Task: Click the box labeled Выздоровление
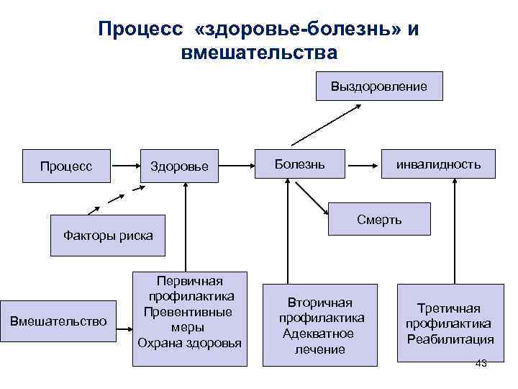coord(379,86)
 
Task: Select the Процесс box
coord(66,166)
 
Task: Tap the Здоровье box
coord(179,166)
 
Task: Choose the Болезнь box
coord(300,164)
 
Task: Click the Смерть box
coord(379,219)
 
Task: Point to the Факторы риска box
coord(108,236)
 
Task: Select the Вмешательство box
coord(58,321)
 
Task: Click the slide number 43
coord(481,363)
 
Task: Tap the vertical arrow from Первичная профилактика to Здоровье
coord(187,227)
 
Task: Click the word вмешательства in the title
coord(259,53)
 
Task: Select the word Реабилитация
coord(450,339)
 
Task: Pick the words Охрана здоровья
coord(190,341)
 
